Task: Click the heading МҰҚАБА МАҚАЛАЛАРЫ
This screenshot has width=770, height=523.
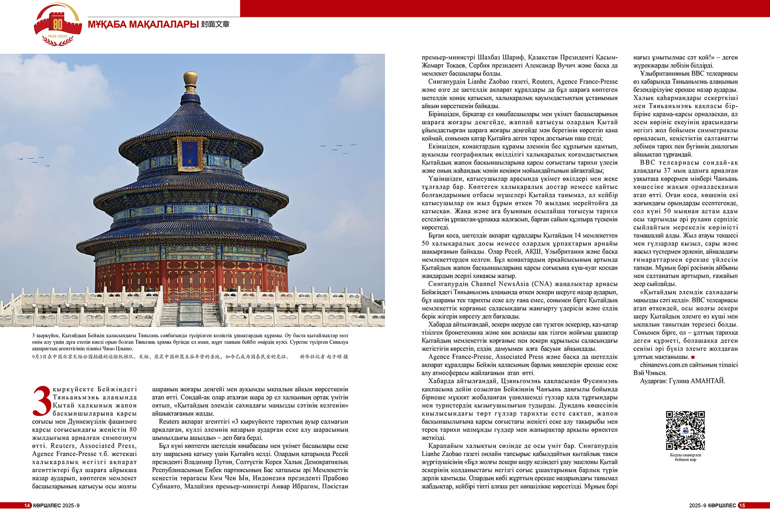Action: tap(143, 24)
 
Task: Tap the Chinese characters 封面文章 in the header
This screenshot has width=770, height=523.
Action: tap(215, 24)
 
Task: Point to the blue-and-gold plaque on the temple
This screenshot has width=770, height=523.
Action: tap(190, 153)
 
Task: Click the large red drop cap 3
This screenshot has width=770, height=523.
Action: tap(41, 401)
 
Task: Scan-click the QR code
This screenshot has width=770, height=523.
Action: tap(685, 430)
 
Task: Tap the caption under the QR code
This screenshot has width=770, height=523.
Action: tap(685, 457)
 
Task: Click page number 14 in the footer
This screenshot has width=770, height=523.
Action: tap(27, 505)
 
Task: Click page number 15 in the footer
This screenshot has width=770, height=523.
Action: tap(742, 505)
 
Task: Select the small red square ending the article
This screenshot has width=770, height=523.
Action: tap(693, 357)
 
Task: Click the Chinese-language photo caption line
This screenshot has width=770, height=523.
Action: tap(160, 356)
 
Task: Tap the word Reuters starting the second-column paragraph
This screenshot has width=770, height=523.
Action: tap(168, 421)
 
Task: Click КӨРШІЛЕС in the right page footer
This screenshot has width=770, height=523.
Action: tap(722, 505)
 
